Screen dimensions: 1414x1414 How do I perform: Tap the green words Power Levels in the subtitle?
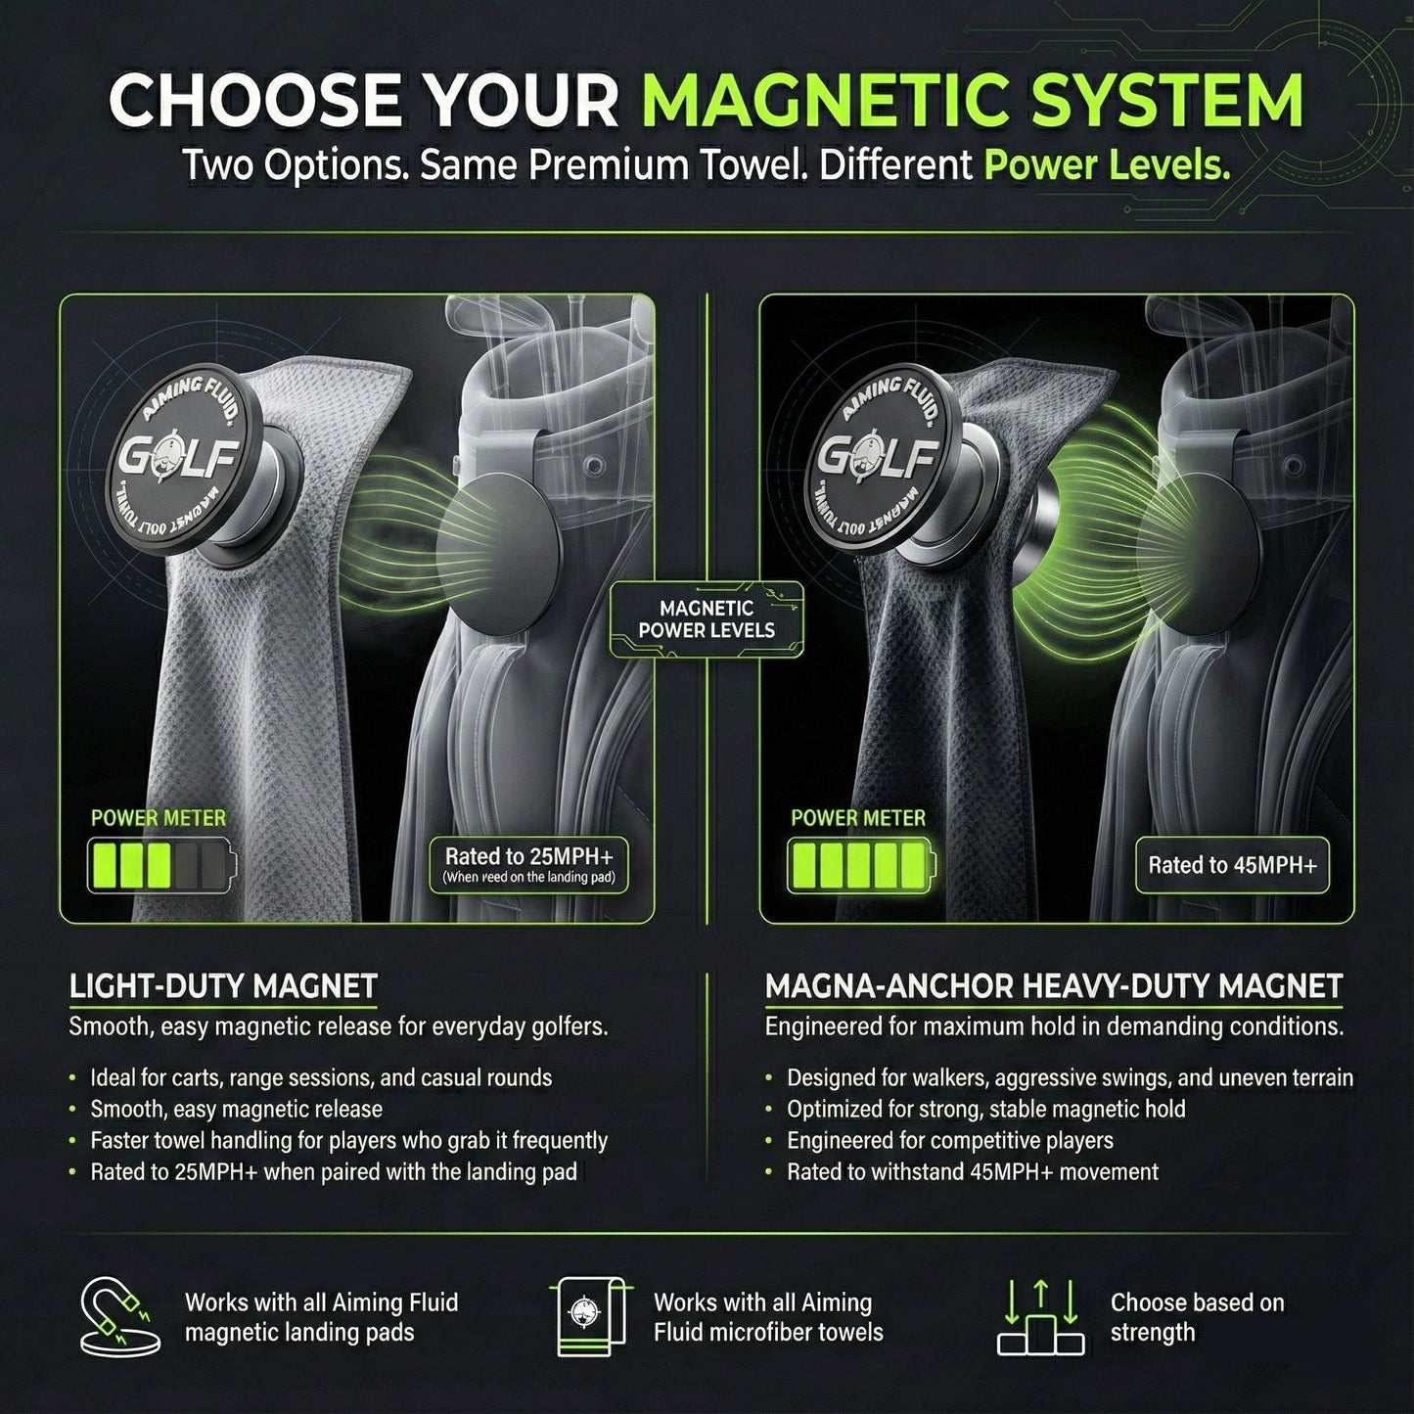(x=1107, y=166)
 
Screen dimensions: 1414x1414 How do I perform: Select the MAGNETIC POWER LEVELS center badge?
(x=707, y=619)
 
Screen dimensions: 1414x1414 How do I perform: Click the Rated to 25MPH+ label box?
(x=528, y=864)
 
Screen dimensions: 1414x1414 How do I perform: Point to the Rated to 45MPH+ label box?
(x=1232, y=864)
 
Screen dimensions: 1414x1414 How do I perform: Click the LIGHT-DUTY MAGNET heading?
(x=223, y=985)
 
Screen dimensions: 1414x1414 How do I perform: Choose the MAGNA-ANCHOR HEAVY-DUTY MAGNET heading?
(x=1053, y=985)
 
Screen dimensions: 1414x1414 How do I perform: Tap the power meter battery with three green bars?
(x=162, y=865)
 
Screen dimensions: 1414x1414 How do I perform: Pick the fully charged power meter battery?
(x=862, y=865)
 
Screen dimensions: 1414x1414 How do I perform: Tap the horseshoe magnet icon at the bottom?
(x=117, y=1316)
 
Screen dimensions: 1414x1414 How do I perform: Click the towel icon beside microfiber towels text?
(x=589, y=1316)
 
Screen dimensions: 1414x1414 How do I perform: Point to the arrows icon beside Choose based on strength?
(x=1040, y=1316)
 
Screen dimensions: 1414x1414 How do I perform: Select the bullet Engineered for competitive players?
(x=949, y=1140)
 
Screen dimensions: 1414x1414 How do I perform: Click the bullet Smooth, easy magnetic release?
(x=236, y=1109)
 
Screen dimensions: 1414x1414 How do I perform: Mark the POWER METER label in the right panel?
(x=857, y=818)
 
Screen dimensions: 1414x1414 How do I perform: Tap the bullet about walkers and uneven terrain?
(x=1070, y=1077)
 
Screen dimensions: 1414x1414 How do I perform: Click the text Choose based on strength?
(x=1197, y=1317)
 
